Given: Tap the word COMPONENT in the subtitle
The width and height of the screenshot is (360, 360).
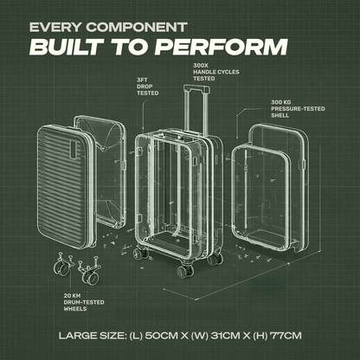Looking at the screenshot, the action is (137, 28).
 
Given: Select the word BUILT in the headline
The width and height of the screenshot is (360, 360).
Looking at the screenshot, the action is (67, 47).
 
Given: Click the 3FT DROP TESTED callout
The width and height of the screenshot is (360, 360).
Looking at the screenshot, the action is (148, 87).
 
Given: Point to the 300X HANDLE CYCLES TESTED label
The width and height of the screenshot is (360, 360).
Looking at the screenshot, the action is (216, 72).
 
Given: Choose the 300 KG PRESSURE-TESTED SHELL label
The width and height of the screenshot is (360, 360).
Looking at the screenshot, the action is (298, 109).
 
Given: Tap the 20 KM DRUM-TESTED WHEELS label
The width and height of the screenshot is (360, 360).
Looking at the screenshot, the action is (84, 302).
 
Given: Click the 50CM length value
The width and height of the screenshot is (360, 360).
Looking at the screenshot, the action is (161, 336).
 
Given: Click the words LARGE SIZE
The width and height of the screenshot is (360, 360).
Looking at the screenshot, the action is (93, 336).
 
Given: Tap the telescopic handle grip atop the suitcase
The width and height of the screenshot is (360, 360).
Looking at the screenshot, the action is (196, 88).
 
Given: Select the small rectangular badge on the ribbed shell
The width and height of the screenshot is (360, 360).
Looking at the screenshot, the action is (74, 150).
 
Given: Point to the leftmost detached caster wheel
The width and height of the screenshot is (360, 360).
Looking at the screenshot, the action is (62, 266).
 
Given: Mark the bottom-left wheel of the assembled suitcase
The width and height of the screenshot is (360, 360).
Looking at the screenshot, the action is (138, 254).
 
